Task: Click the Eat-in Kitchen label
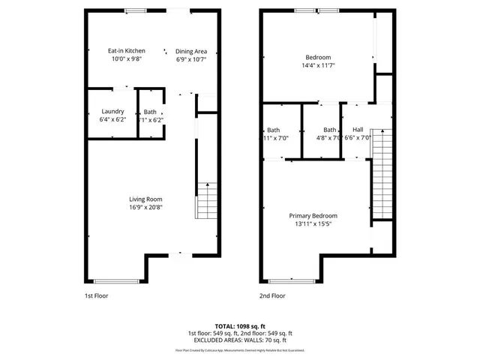click(126, 50)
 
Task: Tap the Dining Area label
click(191, 51)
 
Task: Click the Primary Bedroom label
click(313, 215)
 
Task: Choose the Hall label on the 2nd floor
click(358, 129)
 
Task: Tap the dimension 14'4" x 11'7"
click(318, 66)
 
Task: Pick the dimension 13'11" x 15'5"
click(313, 224)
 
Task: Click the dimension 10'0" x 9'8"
click(126, 58)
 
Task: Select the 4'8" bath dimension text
click(329, 138)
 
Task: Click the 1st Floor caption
click(95, 295)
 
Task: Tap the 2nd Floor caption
click(272, 295)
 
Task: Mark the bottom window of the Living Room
click(117, 281)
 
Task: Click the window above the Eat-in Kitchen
click(136, 10)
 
